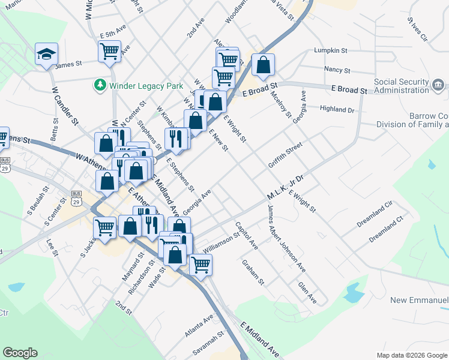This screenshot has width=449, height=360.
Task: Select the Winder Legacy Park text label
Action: pos(146,86)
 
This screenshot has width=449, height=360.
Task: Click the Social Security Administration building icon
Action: pos(439,84)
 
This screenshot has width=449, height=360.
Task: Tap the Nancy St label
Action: pos(337,70)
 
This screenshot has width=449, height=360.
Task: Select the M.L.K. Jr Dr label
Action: pos(286,188)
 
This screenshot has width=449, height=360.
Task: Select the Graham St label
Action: pos(253,271)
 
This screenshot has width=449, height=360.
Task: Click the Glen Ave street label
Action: pos(307,290)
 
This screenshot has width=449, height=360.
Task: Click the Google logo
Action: pos(20,353)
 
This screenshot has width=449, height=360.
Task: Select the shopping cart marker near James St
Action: pos(109,52)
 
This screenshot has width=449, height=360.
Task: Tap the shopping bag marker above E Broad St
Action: pos(263,65)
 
